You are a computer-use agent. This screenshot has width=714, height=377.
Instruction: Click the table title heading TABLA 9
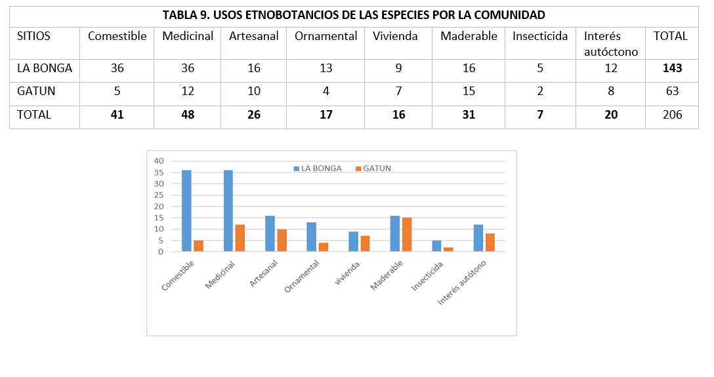pos(354,15)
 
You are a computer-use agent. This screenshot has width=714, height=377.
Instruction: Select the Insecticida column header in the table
pos(540,36)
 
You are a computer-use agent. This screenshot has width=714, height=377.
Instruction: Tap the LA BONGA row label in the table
pos(45,68)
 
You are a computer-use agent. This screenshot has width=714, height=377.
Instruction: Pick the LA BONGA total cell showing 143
pos(672,68)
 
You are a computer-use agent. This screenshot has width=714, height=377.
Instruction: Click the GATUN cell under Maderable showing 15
pos(469,91)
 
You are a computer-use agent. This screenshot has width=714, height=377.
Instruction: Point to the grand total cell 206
pos(672,115)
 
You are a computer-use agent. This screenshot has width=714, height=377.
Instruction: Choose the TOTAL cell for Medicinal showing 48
pos(188,115)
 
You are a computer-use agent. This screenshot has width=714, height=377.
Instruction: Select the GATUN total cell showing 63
pos(672,91)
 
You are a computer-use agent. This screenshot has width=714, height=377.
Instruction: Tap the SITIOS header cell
pos(33,36)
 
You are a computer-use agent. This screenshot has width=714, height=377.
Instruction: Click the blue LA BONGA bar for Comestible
pos(186,210)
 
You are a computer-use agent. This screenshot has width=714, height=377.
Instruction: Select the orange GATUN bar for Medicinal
pos(240,237)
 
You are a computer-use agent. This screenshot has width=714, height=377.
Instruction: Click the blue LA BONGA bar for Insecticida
pos(436,246)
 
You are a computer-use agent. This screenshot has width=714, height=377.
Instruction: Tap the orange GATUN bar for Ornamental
pos(324,247)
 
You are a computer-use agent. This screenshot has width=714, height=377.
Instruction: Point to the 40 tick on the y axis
pos(158,161)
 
